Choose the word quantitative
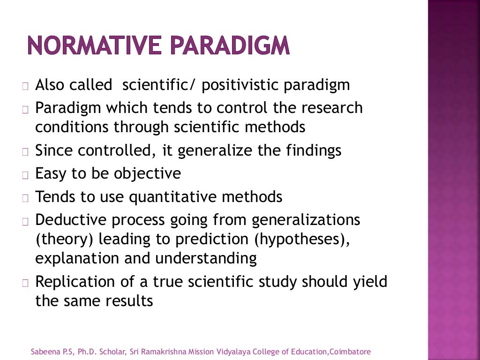(x=181, y=197)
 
